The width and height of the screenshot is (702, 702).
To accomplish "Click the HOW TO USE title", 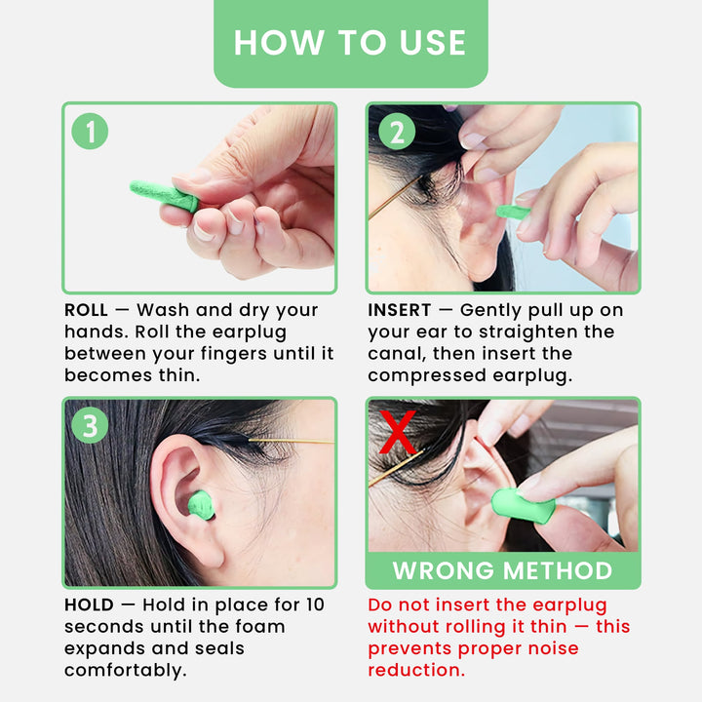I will coord(350,42).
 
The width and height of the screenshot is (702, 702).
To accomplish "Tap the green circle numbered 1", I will coord(91,132).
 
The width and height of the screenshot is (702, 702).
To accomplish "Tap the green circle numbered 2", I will coord(396,132).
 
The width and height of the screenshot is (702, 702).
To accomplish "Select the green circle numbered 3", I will coord(91,426).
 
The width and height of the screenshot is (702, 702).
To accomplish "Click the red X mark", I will coord(398,433).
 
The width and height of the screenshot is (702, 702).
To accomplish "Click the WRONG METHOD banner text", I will coord(502,570).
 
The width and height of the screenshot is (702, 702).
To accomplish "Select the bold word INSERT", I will coord(400,310).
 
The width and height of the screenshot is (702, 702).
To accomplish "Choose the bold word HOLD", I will coord(89,605).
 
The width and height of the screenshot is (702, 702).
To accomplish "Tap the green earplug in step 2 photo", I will coord(511,212).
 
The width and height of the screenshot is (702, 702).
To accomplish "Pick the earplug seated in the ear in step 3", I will coord(201,505).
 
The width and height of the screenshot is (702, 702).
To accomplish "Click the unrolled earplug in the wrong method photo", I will coord(522,505).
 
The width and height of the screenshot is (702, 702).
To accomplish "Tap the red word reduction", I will coord(417,670).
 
